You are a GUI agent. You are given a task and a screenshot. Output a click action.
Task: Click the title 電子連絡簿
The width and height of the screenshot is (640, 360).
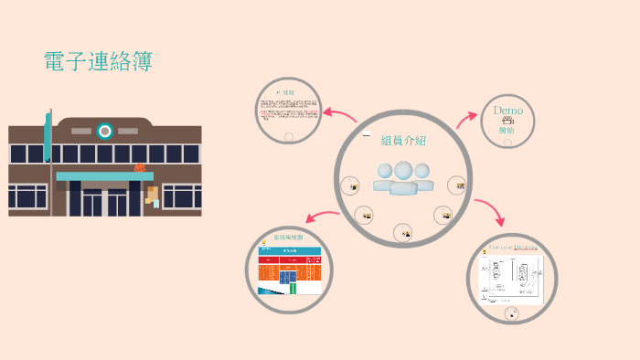pos(98,62)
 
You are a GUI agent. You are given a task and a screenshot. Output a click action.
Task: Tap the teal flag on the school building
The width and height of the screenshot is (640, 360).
pos(48,137)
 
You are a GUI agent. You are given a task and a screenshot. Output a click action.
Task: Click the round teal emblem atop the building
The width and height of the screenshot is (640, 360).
pos(105,132)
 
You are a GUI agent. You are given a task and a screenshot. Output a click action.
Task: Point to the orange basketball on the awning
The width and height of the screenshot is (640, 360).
pos(140,168)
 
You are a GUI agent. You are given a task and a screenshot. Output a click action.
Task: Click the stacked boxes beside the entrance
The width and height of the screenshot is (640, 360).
pos(152,196)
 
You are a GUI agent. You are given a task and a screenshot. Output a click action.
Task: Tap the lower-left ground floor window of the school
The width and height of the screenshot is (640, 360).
pos(27,196)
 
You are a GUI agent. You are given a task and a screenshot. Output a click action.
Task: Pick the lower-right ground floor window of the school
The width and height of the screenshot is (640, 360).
pos(181,196)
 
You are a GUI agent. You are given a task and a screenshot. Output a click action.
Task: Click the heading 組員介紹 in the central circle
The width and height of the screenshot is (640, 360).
pos(403,141)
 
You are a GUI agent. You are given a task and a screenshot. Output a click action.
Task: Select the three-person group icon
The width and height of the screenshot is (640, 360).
pos(402,176)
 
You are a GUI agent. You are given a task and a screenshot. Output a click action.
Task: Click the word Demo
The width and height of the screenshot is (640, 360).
pos(507,111)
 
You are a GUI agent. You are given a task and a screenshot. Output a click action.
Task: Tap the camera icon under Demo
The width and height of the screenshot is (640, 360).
pos(507,121)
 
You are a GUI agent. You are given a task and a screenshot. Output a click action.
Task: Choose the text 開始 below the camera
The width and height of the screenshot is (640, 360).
pos(507,131)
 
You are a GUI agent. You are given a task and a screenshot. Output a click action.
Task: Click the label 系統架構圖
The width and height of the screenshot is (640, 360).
pos(289,237)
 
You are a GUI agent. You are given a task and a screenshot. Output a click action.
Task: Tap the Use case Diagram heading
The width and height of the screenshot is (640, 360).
pos(512,247)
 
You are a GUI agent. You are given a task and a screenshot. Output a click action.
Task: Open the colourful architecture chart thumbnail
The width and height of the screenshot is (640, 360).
pos(289,270)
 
